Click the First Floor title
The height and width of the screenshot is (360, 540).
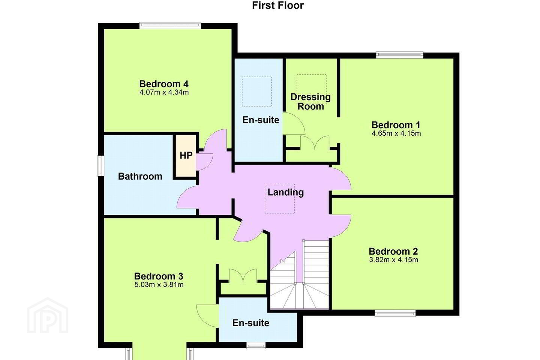278,5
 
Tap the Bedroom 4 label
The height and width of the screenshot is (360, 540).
164,84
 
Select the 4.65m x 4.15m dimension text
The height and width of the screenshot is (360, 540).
396,133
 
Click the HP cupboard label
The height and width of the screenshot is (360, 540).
186,156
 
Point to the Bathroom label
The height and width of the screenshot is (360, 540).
140,176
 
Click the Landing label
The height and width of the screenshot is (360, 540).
286,192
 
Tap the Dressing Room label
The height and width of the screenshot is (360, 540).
310,102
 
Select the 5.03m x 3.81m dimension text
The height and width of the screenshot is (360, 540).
159,285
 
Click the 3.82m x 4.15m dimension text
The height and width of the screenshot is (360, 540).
393,260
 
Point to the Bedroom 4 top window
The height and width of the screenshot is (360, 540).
170,25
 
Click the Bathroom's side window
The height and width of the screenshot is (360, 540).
100,166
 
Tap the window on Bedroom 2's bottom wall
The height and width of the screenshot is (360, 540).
395,313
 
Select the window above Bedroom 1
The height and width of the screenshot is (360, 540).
400,55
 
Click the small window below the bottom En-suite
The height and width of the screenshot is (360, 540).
256,346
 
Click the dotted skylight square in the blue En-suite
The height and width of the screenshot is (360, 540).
257,91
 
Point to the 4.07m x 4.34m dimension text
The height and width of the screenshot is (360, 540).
164,92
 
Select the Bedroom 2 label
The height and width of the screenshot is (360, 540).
393,251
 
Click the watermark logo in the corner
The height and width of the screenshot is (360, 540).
48,315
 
